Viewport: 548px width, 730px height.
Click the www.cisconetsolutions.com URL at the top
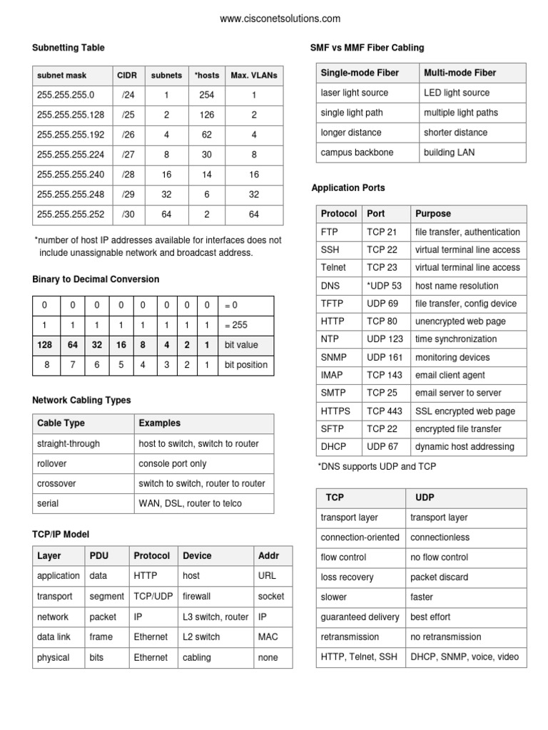click(x=280, y=19)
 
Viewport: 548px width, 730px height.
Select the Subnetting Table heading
click(x=68, y=48)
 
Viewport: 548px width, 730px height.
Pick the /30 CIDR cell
click(x=128, y=214)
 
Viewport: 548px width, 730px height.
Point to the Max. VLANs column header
click(x=253, y=75)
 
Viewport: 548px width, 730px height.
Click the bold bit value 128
click(x=45, y=344)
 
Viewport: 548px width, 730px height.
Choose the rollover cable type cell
click(x=54, y=463)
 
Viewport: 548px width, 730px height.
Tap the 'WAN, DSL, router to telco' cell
click(x=190, y=503)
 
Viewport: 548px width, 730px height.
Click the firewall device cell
click(x=197, y=596)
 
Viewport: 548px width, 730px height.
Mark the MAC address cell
click(x=268, y=637)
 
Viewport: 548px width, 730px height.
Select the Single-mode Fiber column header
click(x=360, y=73)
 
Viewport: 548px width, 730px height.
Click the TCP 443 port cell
click(x=385, y=411)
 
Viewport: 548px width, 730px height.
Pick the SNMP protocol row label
click(x=334, y=357)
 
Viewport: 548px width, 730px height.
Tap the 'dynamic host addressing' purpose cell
click(x=464, y=447)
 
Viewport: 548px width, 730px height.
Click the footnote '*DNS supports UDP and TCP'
click(x=376, y=466)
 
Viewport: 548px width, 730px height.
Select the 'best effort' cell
click(x=430, y=617)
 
